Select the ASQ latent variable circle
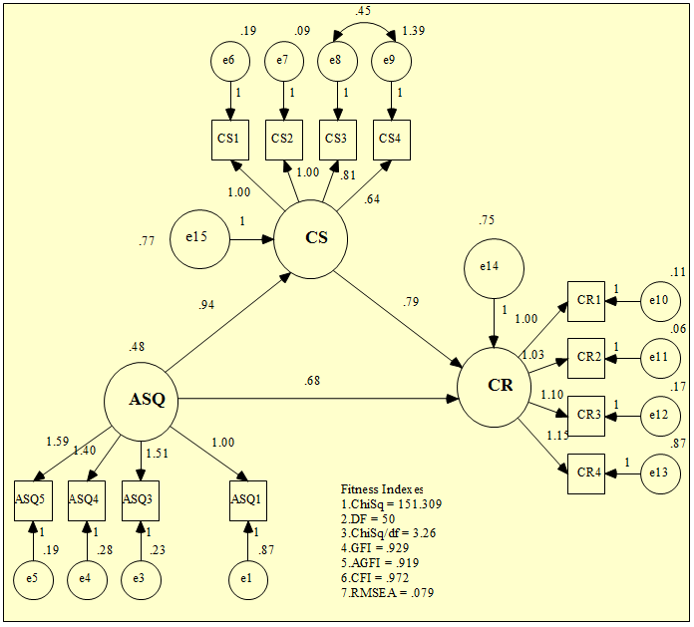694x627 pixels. click(x=140, y=401)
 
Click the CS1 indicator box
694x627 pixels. click(x=231, y=138)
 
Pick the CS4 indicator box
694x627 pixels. click(x=392, y=138)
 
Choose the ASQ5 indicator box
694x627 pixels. click(x=33, y=497)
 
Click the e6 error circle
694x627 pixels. click(x=231, y=62)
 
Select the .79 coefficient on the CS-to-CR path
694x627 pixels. click(x=410, y=301)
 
